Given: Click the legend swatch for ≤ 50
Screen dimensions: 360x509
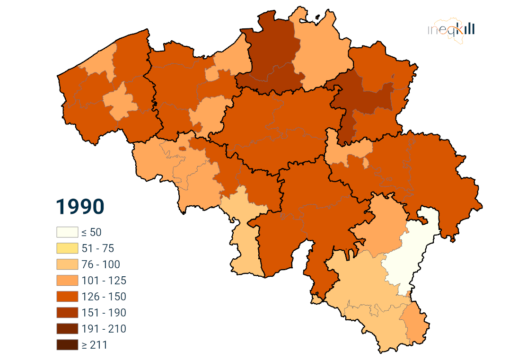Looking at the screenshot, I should tap(67, 232).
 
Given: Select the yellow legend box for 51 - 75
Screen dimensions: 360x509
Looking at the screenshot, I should tap(67, 248).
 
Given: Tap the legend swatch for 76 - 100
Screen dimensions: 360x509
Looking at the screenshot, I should tap(67, 264).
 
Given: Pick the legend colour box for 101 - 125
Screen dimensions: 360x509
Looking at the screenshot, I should tap(67, 281).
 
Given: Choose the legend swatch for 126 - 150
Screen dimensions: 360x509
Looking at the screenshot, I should tap(67, 297).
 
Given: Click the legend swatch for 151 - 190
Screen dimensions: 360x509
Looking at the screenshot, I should tap(67, 313).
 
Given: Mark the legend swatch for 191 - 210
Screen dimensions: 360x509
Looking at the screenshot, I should tap(67, 329).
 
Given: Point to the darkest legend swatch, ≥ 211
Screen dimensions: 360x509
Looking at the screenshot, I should tap(67, 345).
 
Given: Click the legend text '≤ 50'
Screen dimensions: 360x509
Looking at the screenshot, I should tap(91, 232).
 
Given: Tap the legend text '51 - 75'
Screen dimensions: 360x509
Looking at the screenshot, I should tap(98, 248).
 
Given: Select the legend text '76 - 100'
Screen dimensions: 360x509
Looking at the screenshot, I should tap(101, 264).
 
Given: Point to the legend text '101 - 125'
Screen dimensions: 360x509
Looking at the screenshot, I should tap(104, 281).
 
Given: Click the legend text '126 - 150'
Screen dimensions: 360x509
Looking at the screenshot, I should tap(104, 297).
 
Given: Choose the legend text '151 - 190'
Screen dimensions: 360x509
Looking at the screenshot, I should tap(104, 313).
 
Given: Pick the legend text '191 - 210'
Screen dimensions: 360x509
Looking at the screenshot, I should tap(104, 329).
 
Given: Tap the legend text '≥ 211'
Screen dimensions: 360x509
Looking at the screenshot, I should tap(94, 345).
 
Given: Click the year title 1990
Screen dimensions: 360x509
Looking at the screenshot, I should tap(80, 206).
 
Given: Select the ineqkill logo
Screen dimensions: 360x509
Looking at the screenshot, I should tap(451, 30).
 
